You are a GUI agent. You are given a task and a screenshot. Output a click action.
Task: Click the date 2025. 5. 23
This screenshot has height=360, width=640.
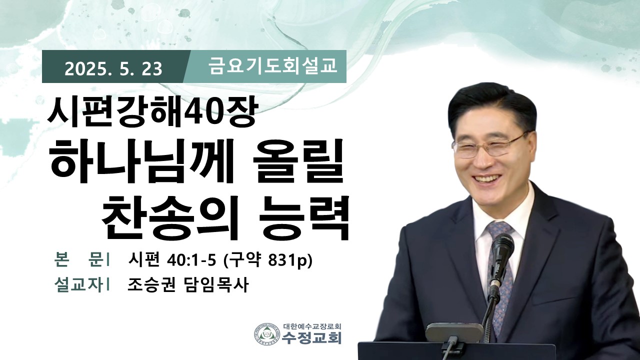coord(113,69)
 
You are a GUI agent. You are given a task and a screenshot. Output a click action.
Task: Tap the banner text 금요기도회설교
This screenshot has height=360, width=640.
coord(272,66)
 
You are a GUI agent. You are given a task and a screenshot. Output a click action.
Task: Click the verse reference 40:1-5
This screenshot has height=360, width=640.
coord(192,260)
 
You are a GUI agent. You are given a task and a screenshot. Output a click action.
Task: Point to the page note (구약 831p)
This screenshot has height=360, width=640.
coord(267,261)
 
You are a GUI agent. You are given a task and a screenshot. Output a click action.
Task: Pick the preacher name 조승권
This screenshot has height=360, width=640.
coord(151,285)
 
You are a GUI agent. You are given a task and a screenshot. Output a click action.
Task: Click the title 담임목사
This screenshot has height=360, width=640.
coord(215,285)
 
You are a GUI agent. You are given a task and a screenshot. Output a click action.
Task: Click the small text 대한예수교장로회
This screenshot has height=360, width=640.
coord(312,326)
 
